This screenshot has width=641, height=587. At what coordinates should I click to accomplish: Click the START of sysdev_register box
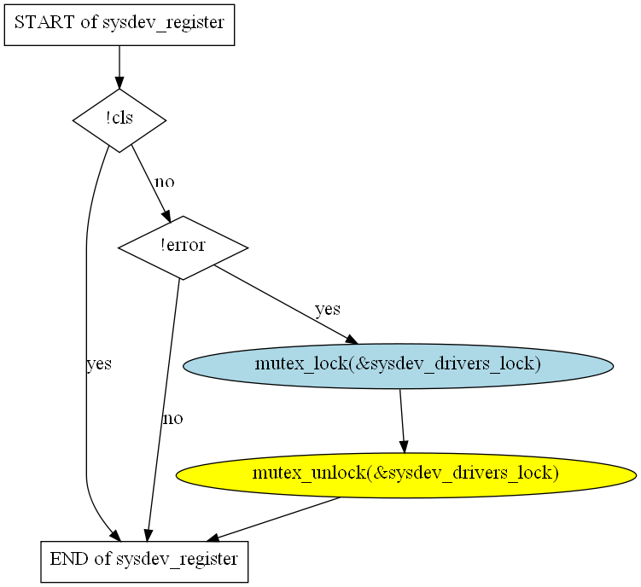tap(119, 23)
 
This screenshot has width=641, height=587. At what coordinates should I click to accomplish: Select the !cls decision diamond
tap(119, 119)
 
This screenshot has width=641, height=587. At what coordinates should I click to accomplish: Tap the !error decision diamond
tap(183, 247)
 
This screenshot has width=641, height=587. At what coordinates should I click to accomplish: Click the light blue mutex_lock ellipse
tap(398, 365)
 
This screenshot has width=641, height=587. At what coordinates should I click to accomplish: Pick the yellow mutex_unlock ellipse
tap(405, 474)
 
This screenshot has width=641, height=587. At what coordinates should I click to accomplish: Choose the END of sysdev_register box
tap(144, 561)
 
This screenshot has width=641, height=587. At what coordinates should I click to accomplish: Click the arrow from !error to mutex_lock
tap(282, 305)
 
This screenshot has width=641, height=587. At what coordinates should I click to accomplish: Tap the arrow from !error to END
tap(163, 410)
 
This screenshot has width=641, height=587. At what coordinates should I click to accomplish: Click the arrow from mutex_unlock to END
tap(273, 518)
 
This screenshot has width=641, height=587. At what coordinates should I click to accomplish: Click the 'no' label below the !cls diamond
tap(164, 182)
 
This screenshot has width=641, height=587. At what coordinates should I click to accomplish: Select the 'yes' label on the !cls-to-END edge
tap(99, 364)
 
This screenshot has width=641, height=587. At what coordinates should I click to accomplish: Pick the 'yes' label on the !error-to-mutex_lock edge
tap(328, 309)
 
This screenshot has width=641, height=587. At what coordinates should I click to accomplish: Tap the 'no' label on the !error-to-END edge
tap(172, 419)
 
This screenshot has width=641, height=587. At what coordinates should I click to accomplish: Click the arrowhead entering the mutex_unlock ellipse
tap(405, 446)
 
